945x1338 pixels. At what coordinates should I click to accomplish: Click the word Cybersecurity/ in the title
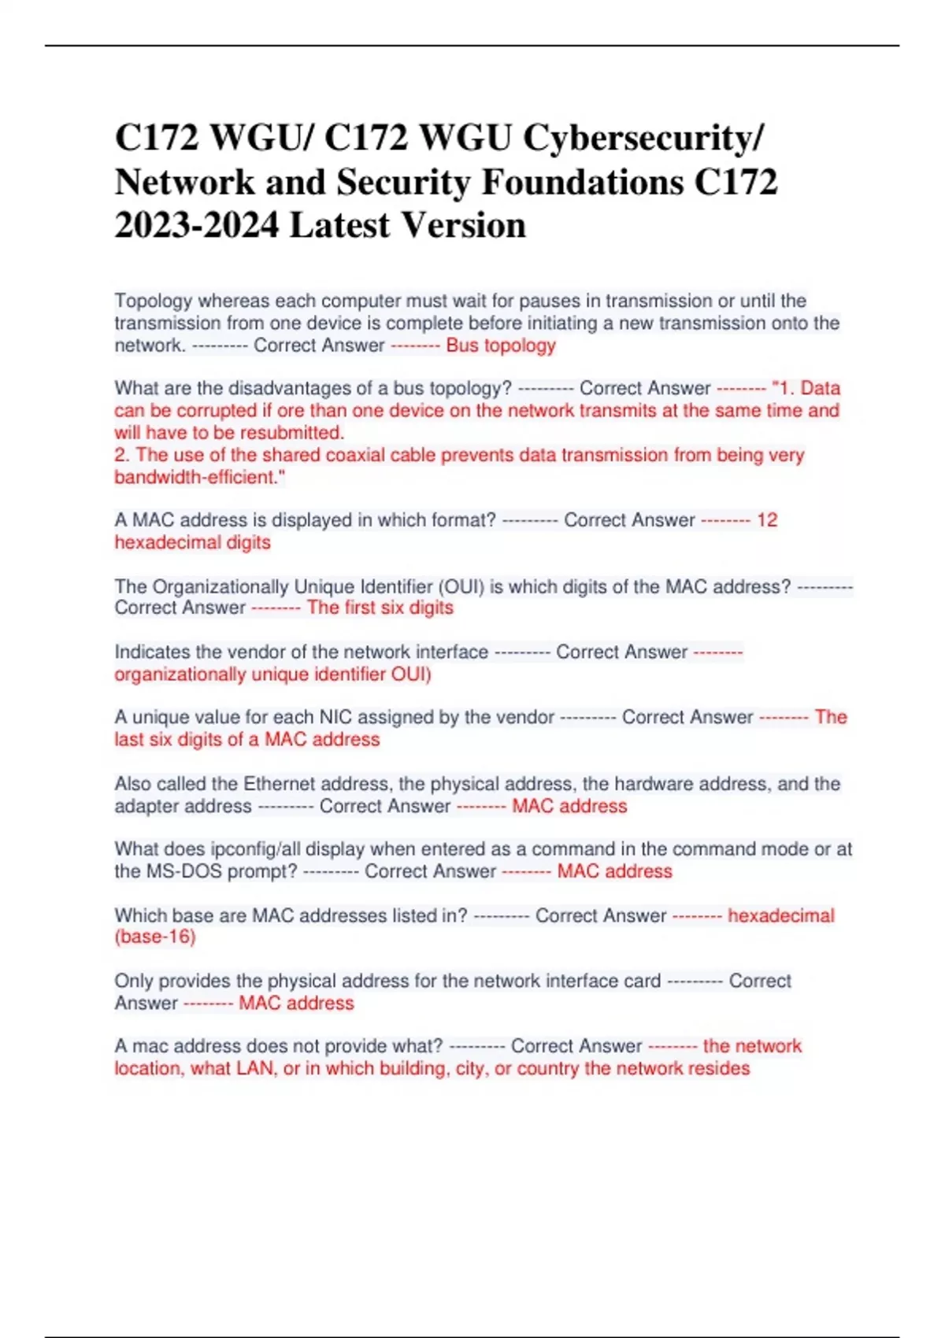[643, 138]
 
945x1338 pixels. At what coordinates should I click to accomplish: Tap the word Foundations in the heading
[582, 182]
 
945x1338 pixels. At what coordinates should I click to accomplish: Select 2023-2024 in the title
[197, 226]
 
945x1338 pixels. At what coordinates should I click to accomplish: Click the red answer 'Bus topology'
[501, 346]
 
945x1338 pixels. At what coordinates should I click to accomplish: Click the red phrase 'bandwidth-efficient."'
[200, 477]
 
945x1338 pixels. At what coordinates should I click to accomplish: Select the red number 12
[767, 520]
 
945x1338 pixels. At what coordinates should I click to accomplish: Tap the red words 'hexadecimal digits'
[192, 542]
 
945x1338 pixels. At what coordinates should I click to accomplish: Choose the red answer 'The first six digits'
[380, 608]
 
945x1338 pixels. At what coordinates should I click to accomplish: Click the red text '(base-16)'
[155, 937]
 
